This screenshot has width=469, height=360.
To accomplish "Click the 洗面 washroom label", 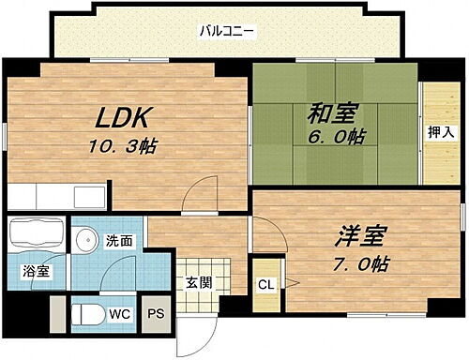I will (x=119, y=239).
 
